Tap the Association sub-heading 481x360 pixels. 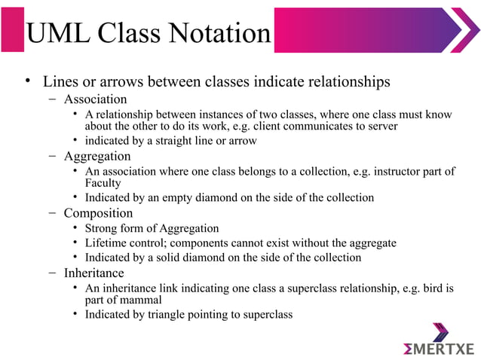click(95, 99)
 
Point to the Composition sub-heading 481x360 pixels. click(98, 212)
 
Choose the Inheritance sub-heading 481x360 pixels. click(93, 273)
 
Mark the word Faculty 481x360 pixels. click(103, 183)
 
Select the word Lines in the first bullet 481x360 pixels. click(61, 81)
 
